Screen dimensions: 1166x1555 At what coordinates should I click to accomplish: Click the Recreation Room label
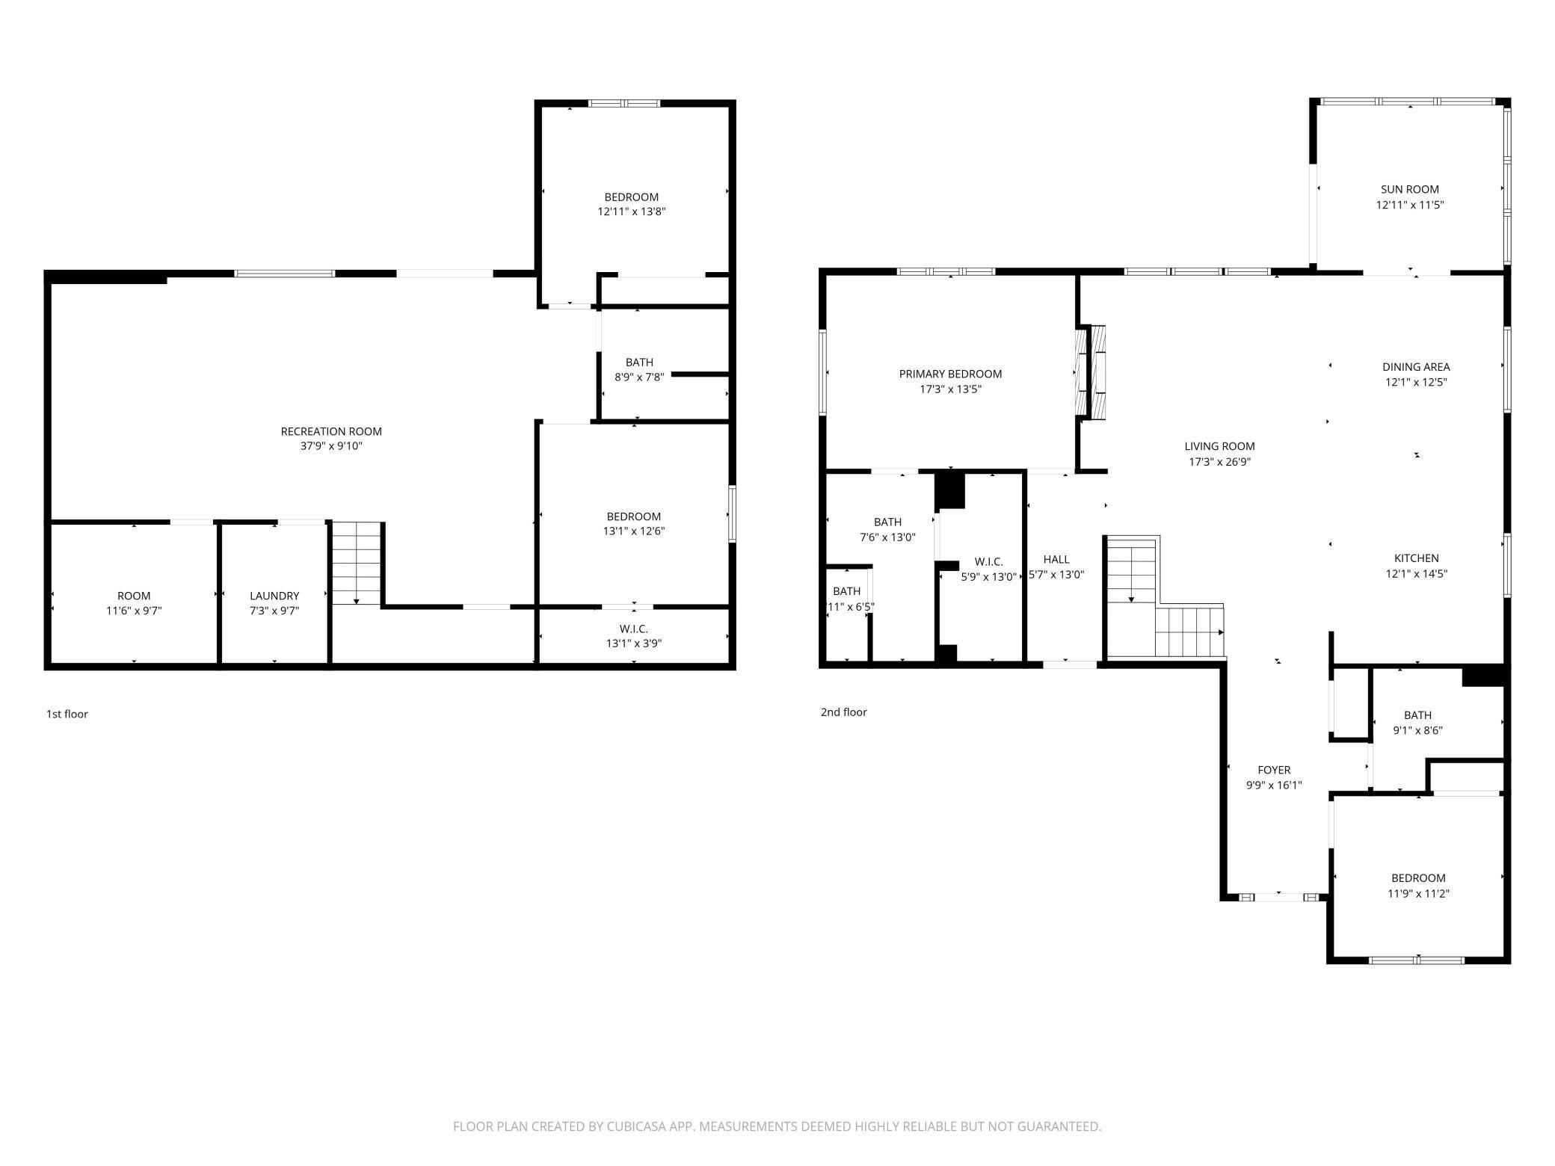[331, 431]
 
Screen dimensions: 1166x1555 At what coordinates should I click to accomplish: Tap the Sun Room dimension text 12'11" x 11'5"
[1409, 205]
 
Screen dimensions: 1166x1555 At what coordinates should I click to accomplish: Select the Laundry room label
[274, 596]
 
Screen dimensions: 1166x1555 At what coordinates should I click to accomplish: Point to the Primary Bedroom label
[950, 374]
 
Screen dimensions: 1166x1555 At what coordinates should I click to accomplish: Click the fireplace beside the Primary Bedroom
[1091, 371]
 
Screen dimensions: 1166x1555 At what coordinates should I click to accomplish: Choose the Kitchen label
[1416, 558]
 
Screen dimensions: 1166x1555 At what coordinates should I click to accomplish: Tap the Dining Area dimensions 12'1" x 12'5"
[1416, 382]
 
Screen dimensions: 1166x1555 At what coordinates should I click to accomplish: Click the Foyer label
[1274, 770]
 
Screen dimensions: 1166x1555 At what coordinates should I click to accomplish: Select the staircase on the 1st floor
[357, 563]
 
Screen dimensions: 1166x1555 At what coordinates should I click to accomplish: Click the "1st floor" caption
[67, 714]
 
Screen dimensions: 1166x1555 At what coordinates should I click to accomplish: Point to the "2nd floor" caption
[843, 712]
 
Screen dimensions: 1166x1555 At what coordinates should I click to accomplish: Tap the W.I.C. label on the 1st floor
[633, 629]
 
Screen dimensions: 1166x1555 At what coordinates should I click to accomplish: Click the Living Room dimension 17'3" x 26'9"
[1219, 462]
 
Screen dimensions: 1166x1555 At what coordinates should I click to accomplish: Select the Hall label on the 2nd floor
[1056, 559]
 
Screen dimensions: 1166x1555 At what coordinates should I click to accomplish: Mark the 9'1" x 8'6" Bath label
[1417, 715]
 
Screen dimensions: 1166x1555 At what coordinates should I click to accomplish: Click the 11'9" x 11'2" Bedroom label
[1417, 878]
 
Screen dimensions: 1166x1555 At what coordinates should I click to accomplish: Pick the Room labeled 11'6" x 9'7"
[134, 596]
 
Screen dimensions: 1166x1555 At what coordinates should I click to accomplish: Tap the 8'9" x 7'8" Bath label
[639, 363]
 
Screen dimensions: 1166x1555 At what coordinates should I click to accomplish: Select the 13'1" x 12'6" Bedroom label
[633, 516]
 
